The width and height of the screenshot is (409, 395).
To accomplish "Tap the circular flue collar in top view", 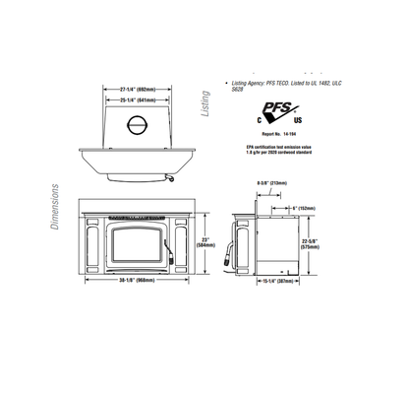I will click(140, 125).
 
